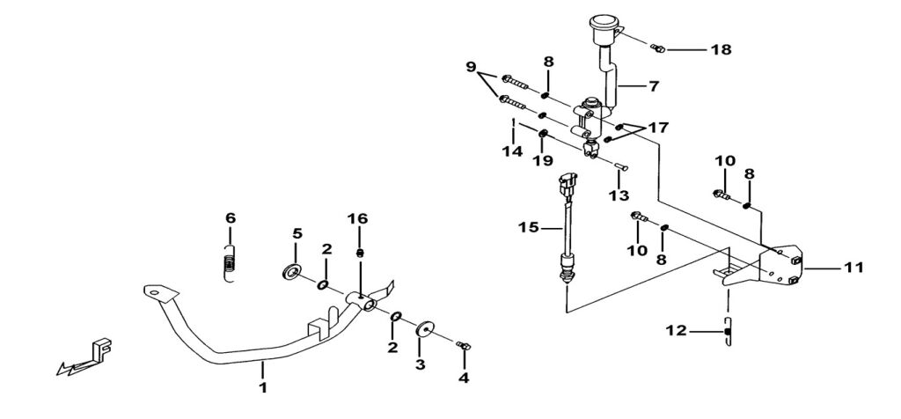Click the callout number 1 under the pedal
(x=261, y=386)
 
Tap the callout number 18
(x=721, y=49)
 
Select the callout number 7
(x=654, y=88)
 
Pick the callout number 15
(x=527, y=227)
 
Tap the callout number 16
(x=359, y=218)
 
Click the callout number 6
(x=231, y=217)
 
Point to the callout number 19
(x=543, y=162)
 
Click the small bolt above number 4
(x=464, y=346)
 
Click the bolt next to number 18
(x=658, y=46)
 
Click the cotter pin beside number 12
(x=728, y=332)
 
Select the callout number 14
(x=513, y=151)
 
